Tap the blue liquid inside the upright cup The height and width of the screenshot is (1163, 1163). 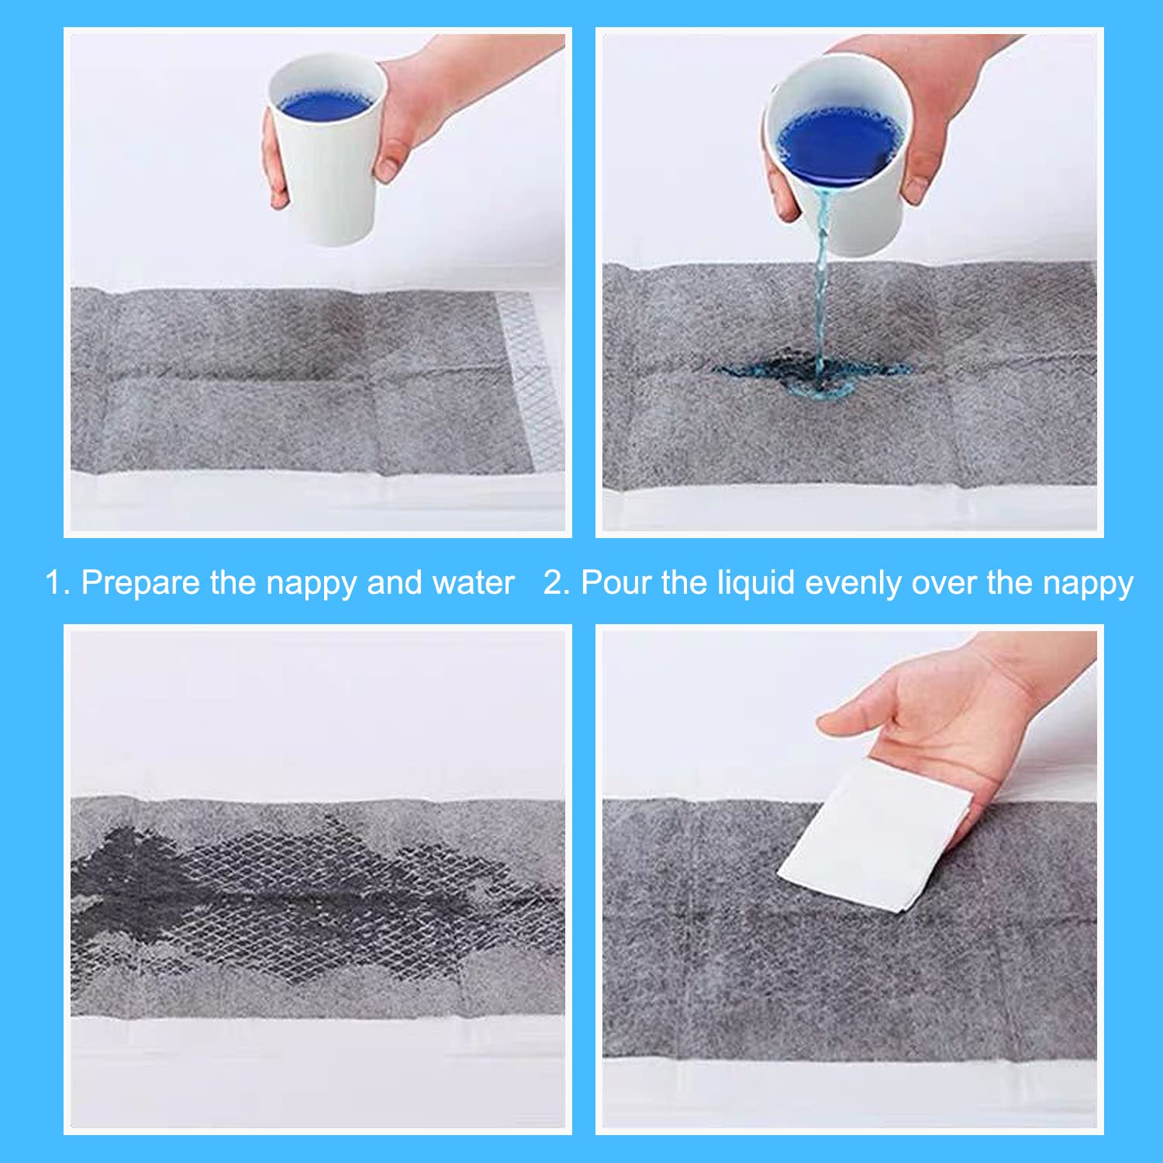point(326,103)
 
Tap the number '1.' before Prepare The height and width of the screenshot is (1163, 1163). point(57,583)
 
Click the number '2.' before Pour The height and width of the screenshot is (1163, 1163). point(557,583)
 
